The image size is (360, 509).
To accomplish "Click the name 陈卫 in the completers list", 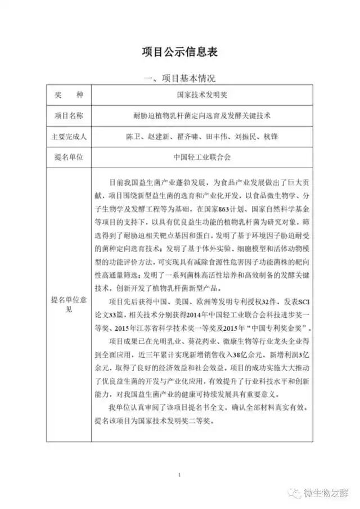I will (135, 137).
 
